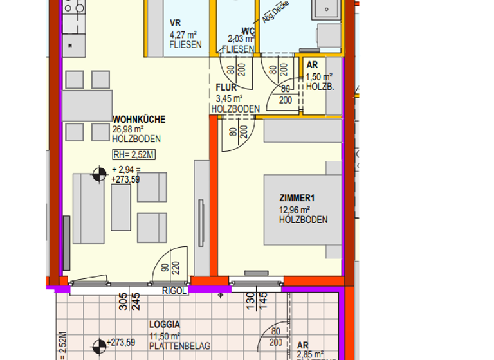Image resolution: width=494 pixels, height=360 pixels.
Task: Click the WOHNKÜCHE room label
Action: coord(138,120)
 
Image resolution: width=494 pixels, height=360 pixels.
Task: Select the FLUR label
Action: coord(226,88)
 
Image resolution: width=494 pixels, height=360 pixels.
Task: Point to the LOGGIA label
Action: coord(165,325)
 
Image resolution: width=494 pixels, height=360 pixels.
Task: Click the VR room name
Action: coord(175,24)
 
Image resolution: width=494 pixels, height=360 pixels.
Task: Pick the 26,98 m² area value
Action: coord(127,129)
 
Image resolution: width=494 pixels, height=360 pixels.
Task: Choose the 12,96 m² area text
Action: coord(295,210)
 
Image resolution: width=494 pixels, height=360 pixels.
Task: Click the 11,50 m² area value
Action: coord(164,336)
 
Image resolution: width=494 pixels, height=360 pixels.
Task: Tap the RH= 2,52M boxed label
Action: coord(134,154)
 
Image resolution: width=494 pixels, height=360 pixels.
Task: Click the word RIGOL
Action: coord(174,291)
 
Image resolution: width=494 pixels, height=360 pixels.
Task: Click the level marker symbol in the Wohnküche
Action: coord(99,174)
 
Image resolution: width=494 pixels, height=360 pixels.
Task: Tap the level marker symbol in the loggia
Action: coord(98,346)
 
